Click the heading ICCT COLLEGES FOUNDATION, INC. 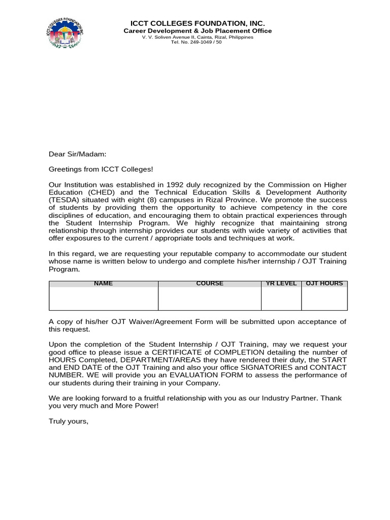(198, 23)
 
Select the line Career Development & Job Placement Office (198, 31)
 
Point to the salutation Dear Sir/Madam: (78, 154)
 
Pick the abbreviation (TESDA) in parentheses (63, 200)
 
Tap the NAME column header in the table (103, 283)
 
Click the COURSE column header (209, 283)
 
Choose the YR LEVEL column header (281, 283)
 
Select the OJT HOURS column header (324, 283)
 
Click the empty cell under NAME (103, 299)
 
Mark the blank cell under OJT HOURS (324, 299)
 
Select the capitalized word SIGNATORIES (262, 368)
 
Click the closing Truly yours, (69, 421)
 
